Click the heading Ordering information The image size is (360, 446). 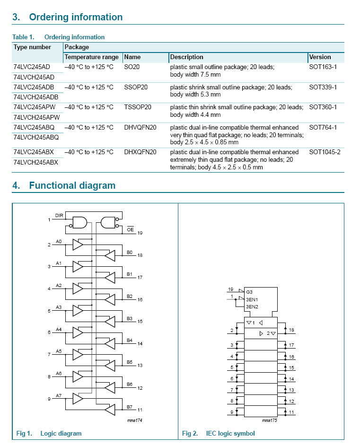(76, 17)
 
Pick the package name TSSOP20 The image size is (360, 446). (138, 107)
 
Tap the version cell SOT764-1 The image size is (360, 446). (323, 128)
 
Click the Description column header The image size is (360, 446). (187, 57)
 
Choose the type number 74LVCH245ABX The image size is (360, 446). (36, 162)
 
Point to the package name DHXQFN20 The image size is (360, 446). (140, 152)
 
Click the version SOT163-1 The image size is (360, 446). (323, 67)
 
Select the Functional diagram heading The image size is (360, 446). (72, 185)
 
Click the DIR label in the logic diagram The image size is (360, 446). (59, 216)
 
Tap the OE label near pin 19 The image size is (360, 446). (131, 229)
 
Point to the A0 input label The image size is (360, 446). (59, 242)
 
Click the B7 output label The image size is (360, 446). (129, 406)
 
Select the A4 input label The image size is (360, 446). (59, 329)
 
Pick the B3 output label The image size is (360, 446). (129, 318)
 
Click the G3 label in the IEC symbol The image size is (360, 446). (249, 292)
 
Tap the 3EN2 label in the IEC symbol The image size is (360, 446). (252, 306)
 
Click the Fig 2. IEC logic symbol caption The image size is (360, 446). (219, 434)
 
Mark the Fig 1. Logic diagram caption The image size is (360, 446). (49, 434)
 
